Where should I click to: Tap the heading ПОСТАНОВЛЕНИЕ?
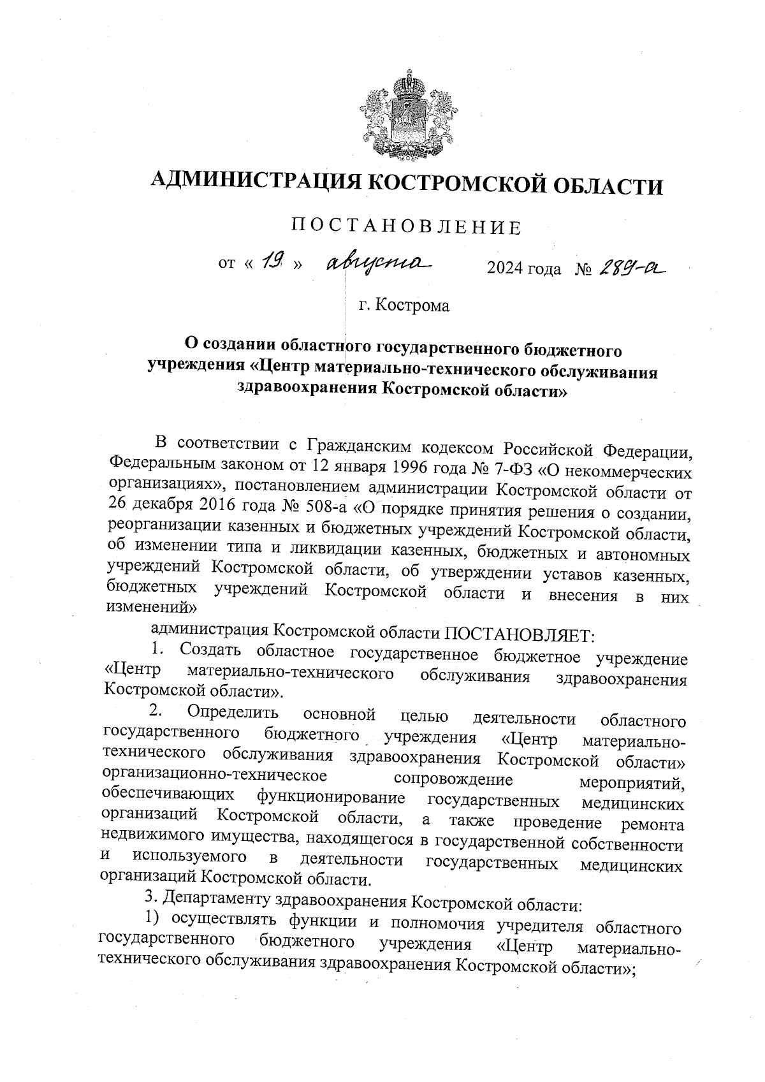click(406, 228)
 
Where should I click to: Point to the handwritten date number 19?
click(272, 260)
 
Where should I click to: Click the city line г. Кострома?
click(404, 305)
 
